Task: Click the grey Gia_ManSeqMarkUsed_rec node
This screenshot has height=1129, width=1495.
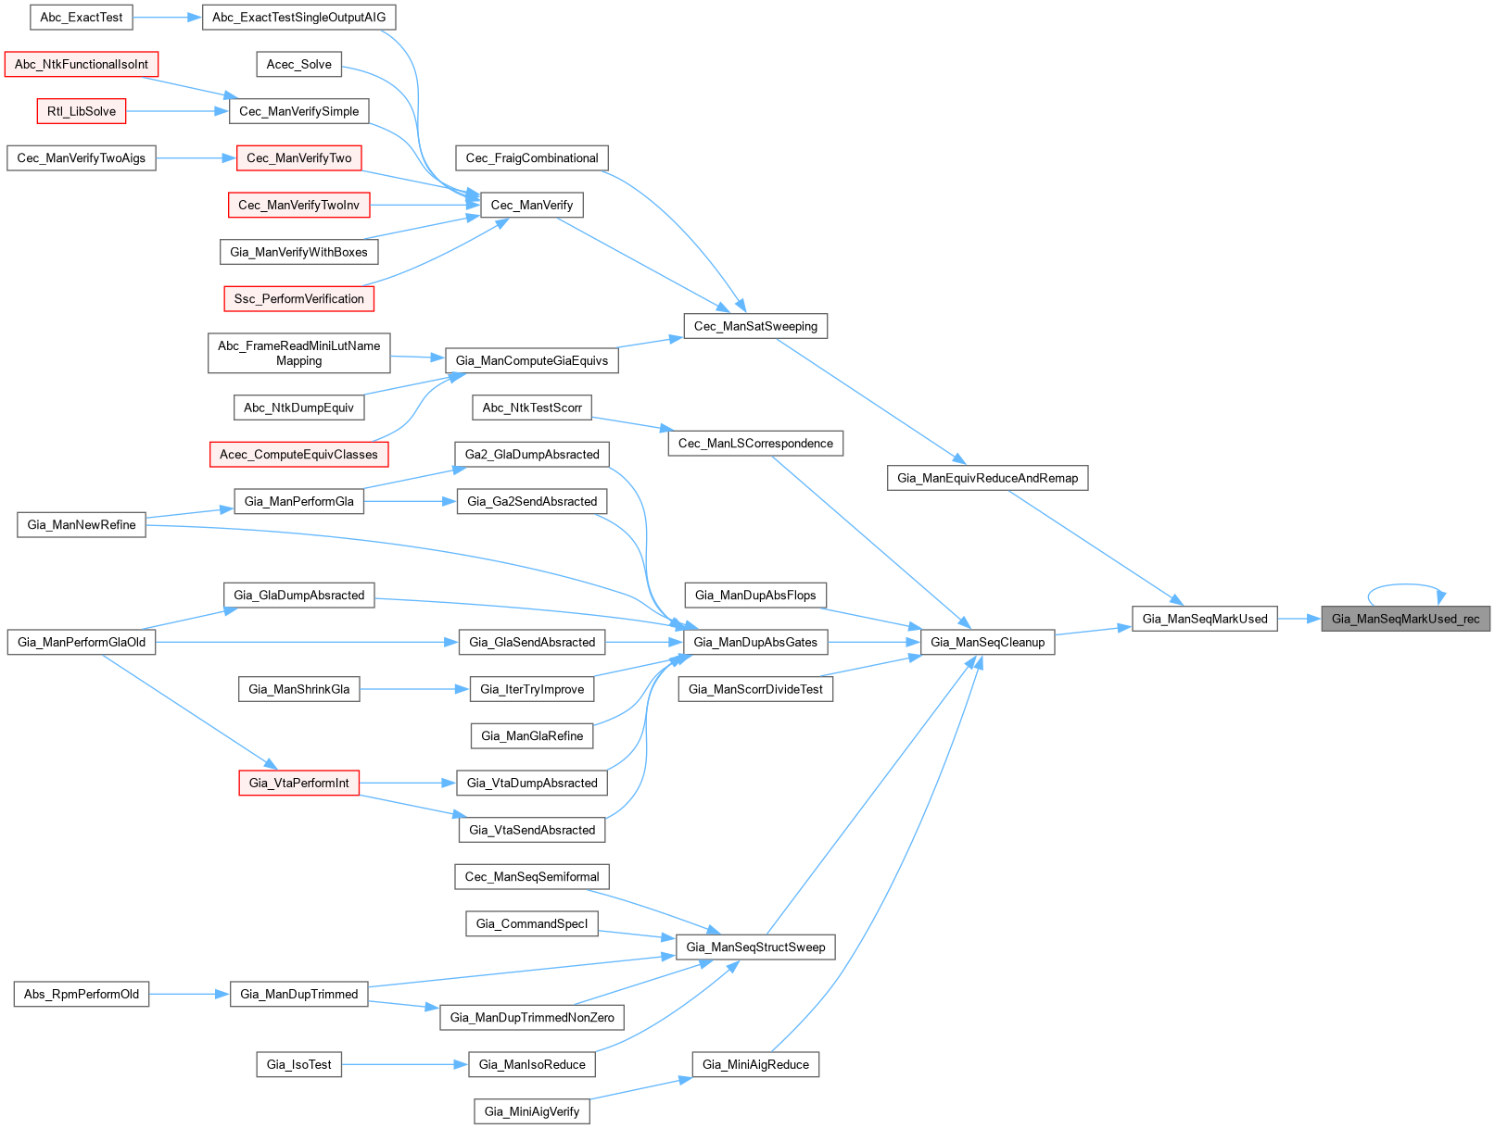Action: (1405, 619)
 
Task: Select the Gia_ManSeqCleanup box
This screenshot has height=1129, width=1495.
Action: (988, 642)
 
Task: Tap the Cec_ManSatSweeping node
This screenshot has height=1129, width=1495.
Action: (755, 326)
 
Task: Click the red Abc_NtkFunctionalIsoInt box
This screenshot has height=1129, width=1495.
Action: (81, 64)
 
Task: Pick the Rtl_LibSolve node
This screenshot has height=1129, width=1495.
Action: (81, 111)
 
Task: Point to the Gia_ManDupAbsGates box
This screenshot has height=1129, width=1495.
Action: (755, 642)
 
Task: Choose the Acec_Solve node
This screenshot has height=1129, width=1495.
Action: (299, 64)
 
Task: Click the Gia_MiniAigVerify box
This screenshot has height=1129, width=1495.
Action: (532, 1111)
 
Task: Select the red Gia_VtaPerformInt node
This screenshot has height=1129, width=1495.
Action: (299, 783)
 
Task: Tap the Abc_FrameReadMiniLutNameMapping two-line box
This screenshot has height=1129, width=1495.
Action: (299, 353)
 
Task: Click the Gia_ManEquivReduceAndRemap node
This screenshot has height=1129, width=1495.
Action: (988, 478)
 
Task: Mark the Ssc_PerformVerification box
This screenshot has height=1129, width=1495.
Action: (299, 299)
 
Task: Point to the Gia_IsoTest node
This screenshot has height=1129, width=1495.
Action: (299, 1064)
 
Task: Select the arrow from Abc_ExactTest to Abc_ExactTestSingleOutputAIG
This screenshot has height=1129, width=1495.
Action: (168, 17)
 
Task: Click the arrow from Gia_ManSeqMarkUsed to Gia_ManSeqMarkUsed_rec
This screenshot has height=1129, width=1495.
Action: (1299, 619)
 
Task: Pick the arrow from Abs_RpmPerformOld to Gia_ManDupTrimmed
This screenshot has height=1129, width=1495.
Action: (189, 995)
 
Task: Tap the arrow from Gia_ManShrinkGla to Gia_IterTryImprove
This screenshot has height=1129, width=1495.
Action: (415, 689)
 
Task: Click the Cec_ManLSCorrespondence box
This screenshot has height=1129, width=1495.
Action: (755, 443)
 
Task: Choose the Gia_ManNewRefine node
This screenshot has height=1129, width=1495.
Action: (81, 525)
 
